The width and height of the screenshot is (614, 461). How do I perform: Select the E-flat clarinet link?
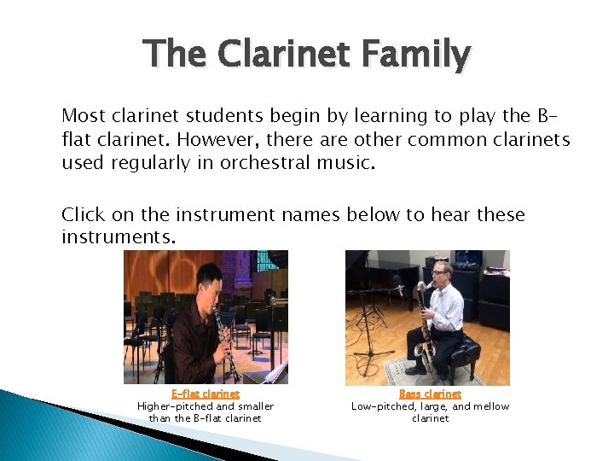[206, 394]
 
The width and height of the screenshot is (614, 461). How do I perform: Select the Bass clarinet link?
[430, 394]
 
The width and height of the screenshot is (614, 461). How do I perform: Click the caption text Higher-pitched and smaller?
[206, 406]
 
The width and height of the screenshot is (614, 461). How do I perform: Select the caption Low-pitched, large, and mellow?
[430, 406]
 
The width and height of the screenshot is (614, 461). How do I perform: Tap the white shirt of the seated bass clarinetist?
[446, 308]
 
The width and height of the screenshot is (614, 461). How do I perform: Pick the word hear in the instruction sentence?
[454, 214]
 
